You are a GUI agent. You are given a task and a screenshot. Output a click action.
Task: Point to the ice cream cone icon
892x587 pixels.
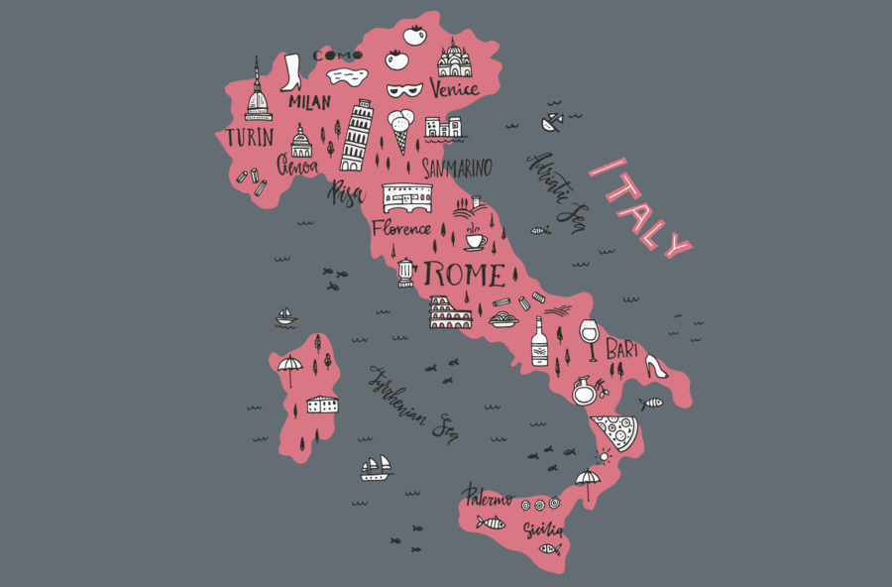400,130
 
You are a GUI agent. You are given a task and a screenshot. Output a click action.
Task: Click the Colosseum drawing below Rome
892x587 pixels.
450,312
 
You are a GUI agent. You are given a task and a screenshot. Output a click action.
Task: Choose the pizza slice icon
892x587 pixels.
614,432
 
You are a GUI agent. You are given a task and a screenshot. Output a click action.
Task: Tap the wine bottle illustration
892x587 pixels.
539,342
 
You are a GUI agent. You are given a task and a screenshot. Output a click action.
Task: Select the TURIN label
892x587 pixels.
249,137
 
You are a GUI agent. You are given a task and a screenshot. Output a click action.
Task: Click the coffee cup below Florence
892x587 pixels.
475,241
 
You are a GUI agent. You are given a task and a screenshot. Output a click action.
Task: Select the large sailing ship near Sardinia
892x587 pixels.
376,468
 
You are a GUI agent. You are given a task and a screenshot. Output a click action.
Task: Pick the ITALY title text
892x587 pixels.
639,208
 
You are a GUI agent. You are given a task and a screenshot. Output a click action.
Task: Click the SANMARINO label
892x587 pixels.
456,168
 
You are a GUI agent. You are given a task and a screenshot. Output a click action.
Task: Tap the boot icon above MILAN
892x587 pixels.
291,72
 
